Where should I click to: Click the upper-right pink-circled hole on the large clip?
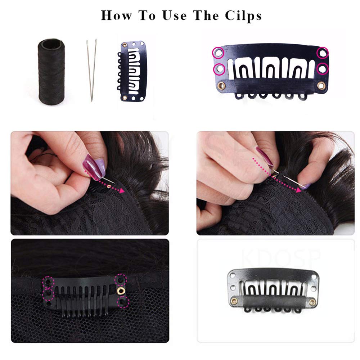pos(323,53)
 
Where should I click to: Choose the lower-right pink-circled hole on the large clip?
pos(323,68)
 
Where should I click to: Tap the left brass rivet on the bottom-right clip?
pos(235,300)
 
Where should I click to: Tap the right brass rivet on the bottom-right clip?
pos(312,302)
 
